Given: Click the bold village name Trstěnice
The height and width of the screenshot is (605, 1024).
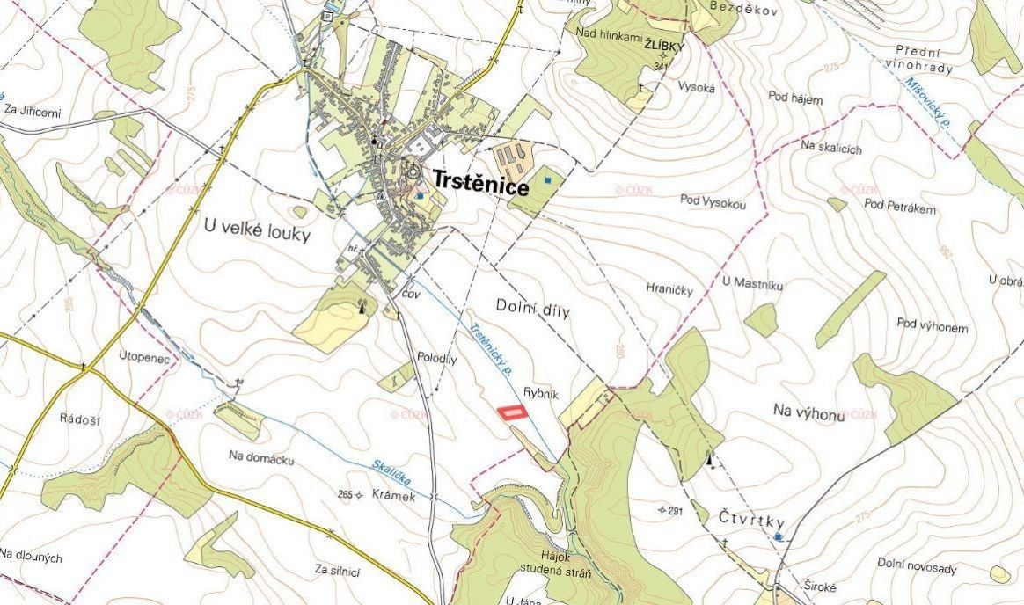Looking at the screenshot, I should click(x=479, y=187).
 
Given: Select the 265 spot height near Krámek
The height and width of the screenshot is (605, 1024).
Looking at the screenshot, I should click(x=345, y=495).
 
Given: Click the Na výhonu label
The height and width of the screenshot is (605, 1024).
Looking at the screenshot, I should click(x=808, y=411).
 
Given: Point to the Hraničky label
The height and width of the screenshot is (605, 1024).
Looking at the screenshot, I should click(x=669, y=288).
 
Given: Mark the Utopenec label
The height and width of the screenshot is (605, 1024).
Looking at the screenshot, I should click(x=143, y=356).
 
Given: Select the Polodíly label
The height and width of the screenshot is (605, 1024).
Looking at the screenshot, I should click(x=436, y=359).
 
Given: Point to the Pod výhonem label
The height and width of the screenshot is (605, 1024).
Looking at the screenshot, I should click(x=933, y=327).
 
